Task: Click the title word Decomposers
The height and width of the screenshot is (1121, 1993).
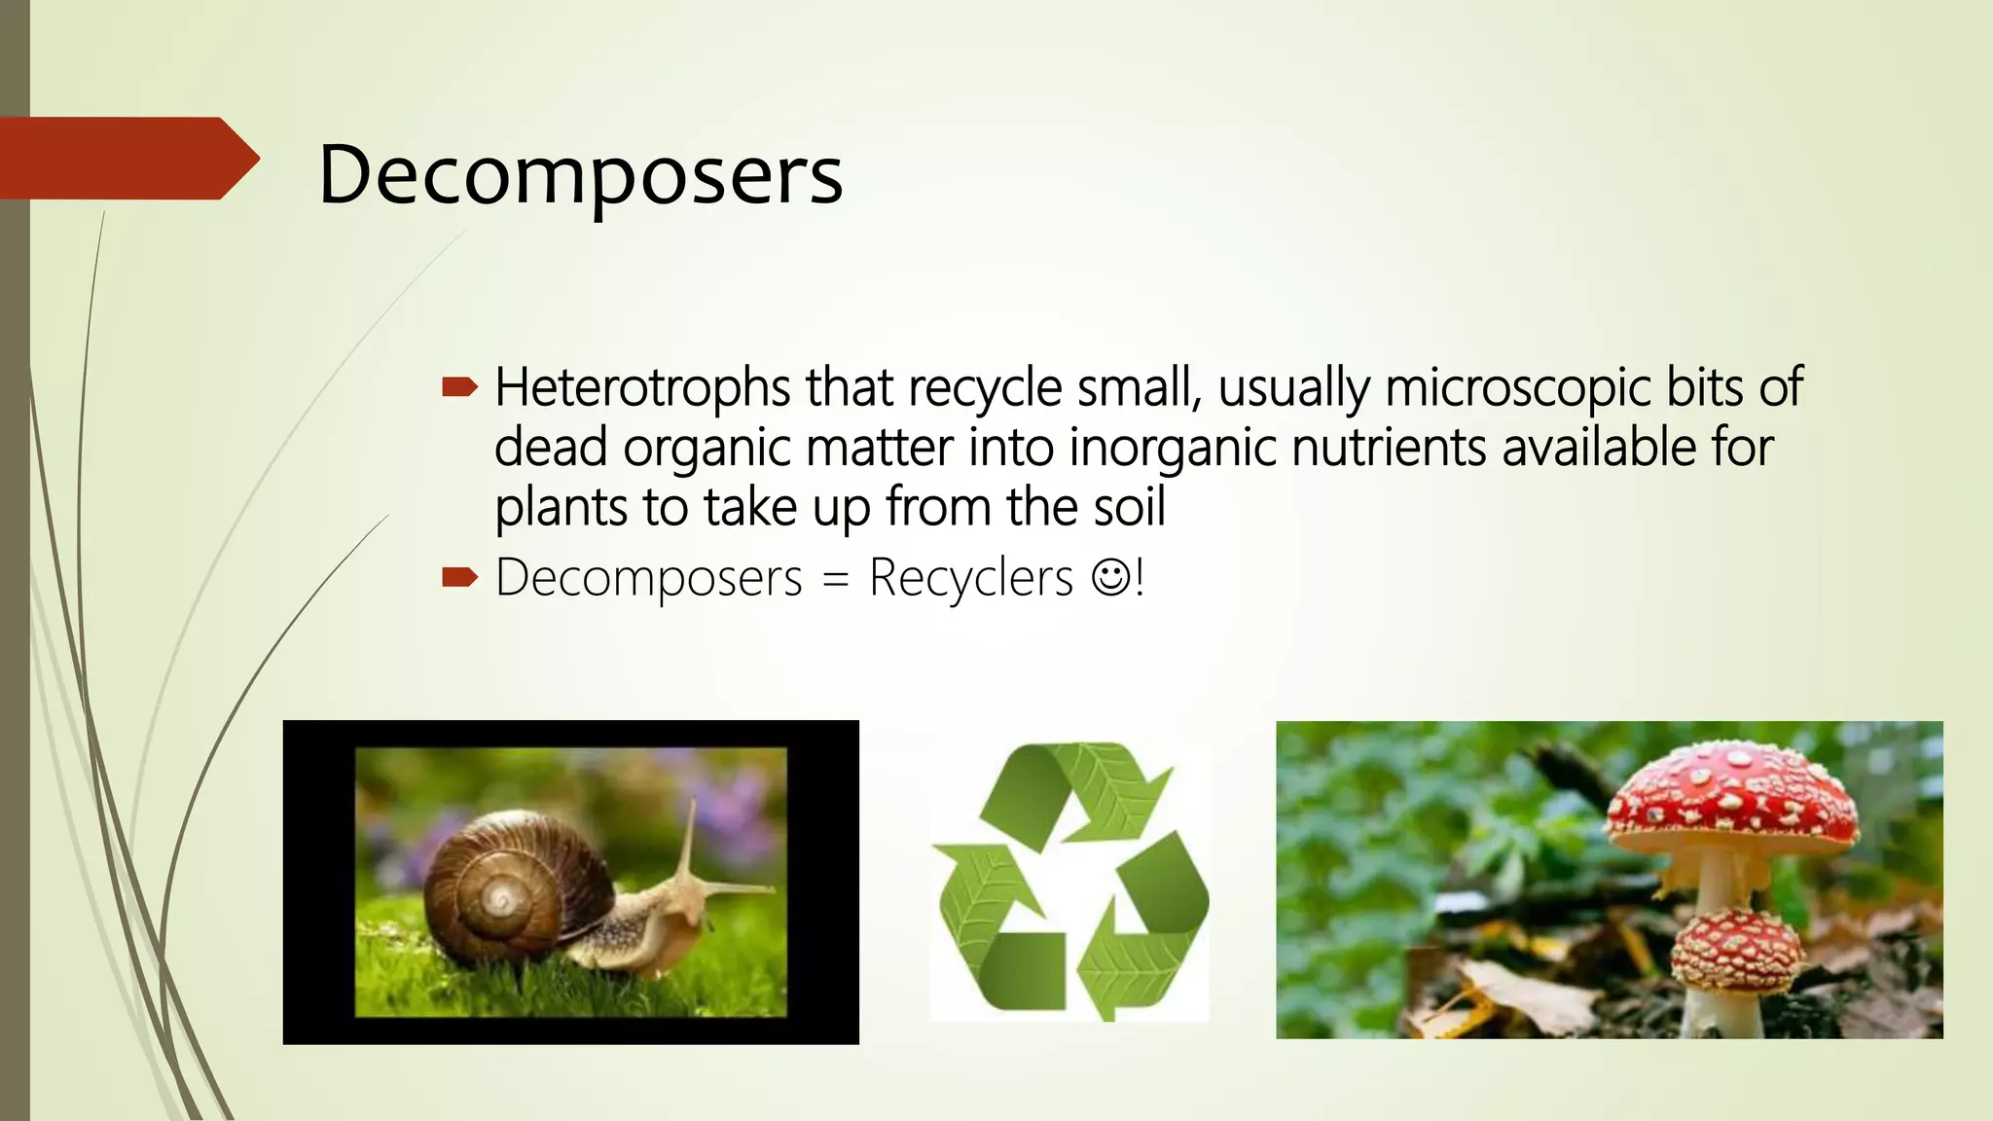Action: point(580,175)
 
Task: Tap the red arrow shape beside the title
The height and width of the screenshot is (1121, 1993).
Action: point(127,159)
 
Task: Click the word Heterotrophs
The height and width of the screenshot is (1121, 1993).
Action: point(642,387)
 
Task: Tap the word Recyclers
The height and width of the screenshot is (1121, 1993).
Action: point(970,578)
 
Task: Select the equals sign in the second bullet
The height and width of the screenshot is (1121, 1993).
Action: point(835,582)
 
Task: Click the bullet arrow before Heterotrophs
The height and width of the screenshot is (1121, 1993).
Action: point(459,388)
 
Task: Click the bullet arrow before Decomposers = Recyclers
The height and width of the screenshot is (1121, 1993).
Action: point(459,578)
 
